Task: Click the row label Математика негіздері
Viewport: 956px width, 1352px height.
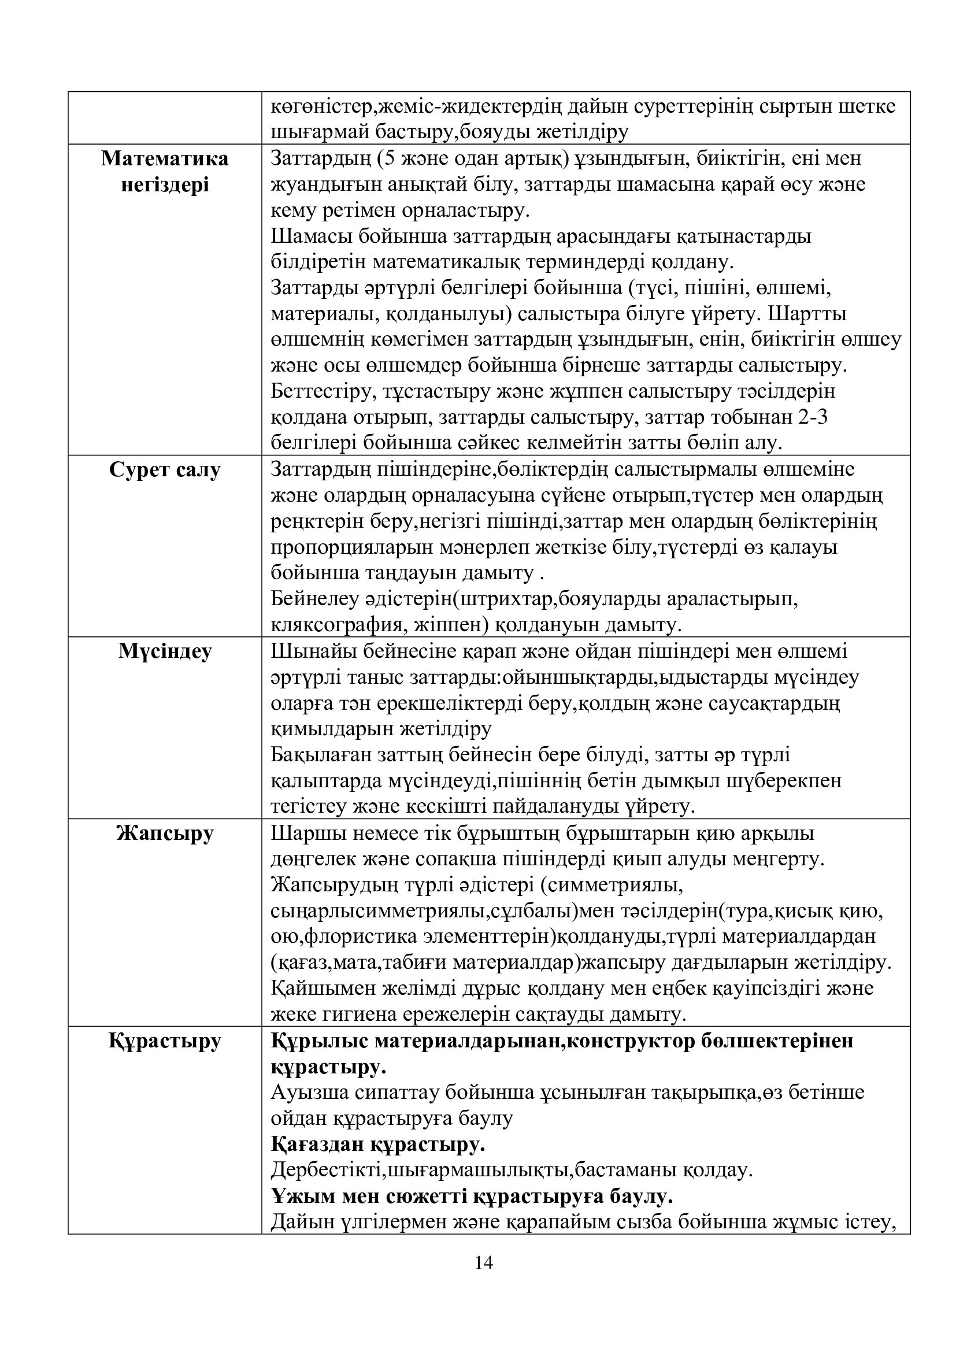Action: [165, 172]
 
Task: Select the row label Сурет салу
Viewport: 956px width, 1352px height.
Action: [165, 471]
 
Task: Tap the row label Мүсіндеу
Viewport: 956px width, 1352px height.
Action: [165, 652]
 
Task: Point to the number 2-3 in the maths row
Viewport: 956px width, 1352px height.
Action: [814, 418]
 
